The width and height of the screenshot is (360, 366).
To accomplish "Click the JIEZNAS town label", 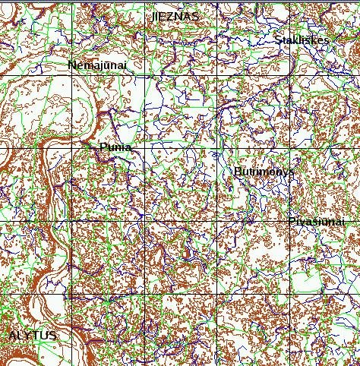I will (x=175, y=16).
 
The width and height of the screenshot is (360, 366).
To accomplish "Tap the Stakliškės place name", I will (x=302, y=40).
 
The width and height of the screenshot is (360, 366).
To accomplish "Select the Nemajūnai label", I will (x=96, y=65).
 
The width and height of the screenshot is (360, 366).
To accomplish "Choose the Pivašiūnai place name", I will (x=317, y=221).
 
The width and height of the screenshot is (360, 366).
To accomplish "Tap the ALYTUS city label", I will (x=33, y=335).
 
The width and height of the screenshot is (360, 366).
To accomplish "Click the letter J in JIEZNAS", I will (x=153, y=16).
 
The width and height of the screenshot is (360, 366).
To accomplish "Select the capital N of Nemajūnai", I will (x=71, y=65).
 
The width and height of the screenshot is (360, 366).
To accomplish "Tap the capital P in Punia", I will (x=103, y=148).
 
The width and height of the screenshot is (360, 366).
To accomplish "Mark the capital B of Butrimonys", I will (x=238, y=172).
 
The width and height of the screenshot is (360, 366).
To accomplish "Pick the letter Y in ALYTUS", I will (x=28, y=335).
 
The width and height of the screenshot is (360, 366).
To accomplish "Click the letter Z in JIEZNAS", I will (x=174, y=16).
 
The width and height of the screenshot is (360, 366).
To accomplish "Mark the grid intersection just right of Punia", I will (x=144, y=147).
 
